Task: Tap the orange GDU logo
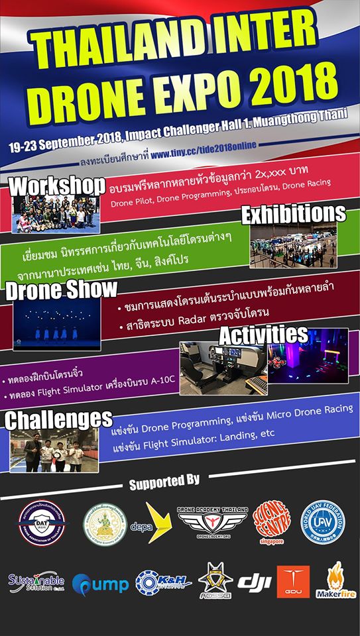point(293,582)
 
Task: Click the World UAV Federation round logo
point(323,522)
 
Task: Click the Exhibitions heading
point(293,213)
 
